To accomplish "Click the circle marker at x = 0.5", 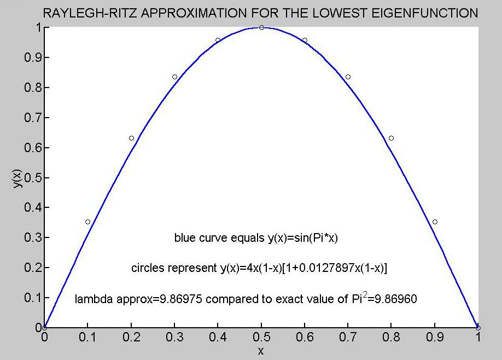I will point(261,27).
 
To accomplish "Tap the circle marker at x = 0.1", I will point(87,222).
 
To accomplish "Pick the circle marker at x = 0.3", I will point(174,77).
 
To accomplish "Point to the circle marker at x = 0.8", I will point(391,138).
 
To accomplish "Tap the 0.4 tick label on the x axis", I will point(218,338).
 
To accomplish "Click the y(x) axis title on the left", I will point(17,177).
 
